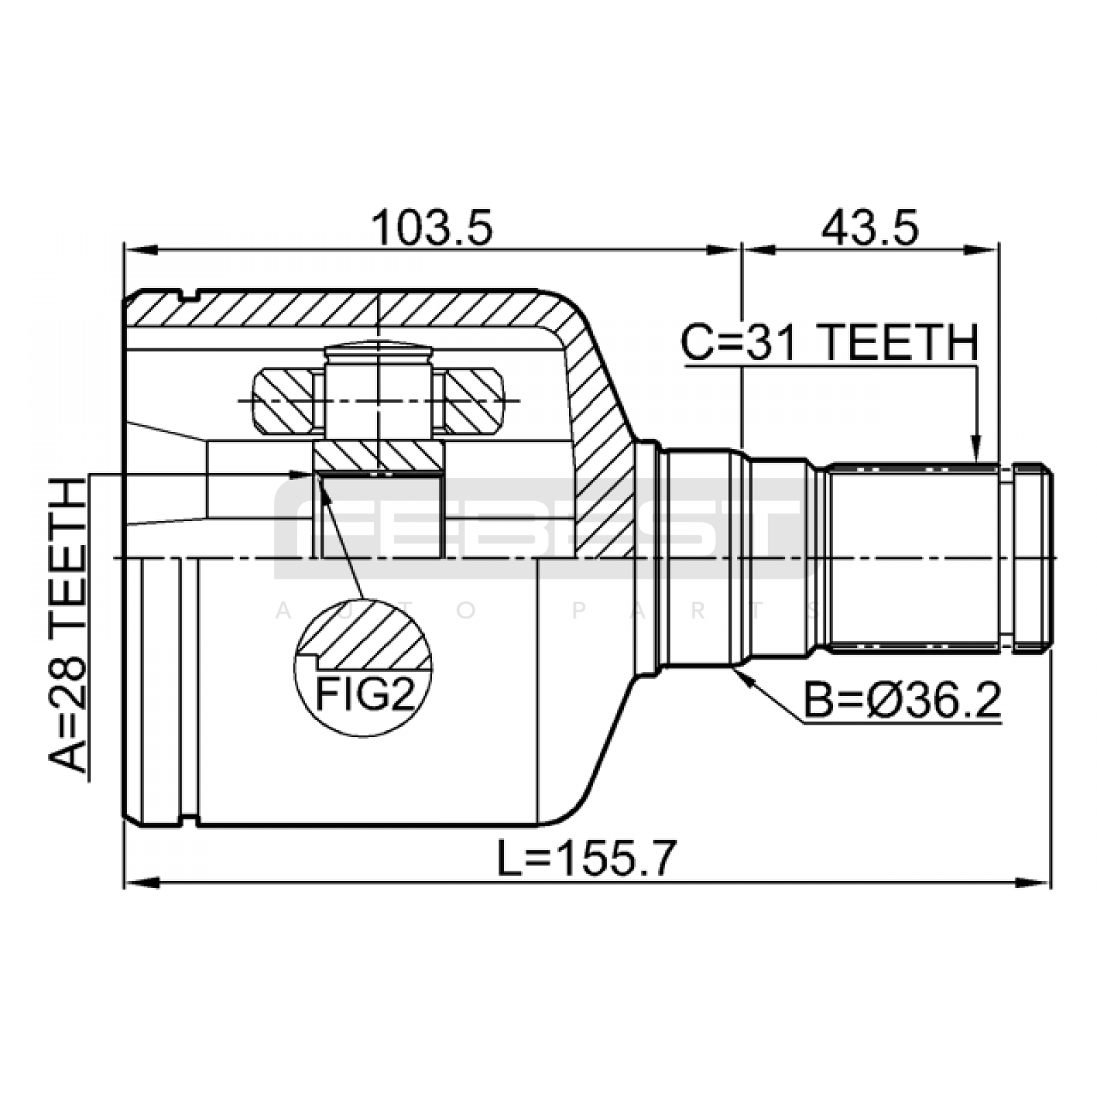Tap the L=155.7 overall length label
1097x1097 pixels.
(587, 858)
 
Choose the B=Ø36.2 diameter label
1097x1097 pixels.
(902, 701)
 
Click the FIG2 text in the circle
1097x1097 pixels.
(365, 695)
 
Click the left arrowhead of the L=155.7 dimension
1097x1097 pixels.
(141, 882)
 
